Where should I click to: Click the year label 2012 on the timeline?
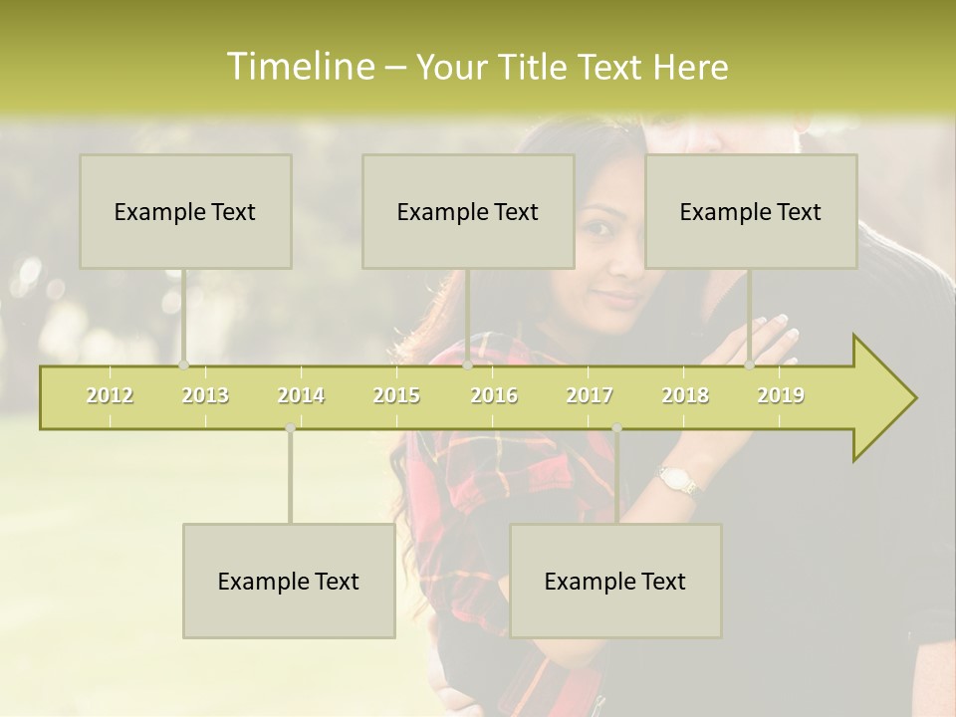point(110,395)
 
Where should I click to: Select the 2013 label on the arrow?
point(205,395)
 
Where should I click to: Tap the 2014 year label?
point(301,395)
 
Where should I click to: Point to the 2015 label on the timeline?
point(396,395)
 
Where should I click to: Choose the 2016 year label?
point(494,395)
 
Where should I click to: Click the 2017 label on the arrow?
point(590,395)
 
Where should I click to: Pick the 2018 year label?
point(685,395)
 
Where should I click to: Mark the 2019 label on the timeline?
point(781,395)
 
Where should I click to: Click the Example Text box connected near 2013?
point(185,211)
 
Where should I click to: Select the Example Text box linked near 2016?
point(468,211)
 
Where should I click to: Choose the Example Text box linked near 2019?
point(751,211)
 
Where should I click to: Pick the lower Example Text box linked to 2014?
point(289,581)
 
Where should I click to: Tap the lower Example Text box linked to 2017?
point(615,581)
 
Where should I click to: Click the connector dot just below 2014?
point(290,428)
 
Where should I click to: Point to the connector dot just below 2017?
point(616,428)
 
